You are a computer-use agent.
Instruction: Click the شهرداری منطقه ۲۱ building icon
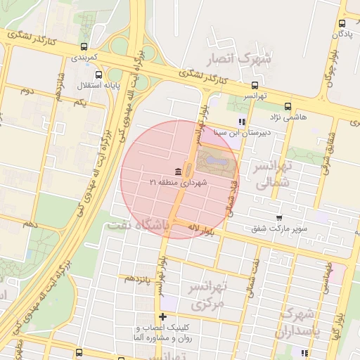pos(178,172)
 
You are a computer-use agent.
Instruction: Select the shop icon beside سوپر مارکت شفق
pos(279,218)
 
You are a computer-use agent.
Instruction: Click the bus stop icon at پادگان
pos(335,22)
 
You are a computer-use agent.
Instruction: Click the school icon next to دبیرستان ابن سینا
pos(243,122)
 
